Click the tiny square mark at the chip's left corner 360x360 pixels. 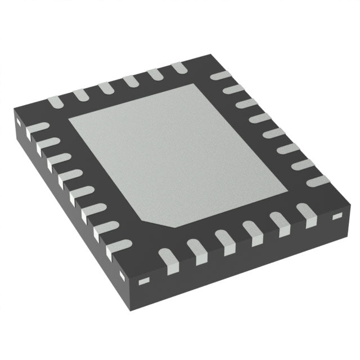[x=18, y=120]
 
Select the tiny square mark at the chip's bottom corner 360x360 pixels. [x=143, y=279]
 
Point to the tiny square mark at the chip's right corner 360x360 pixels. [x=337, y=216]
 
